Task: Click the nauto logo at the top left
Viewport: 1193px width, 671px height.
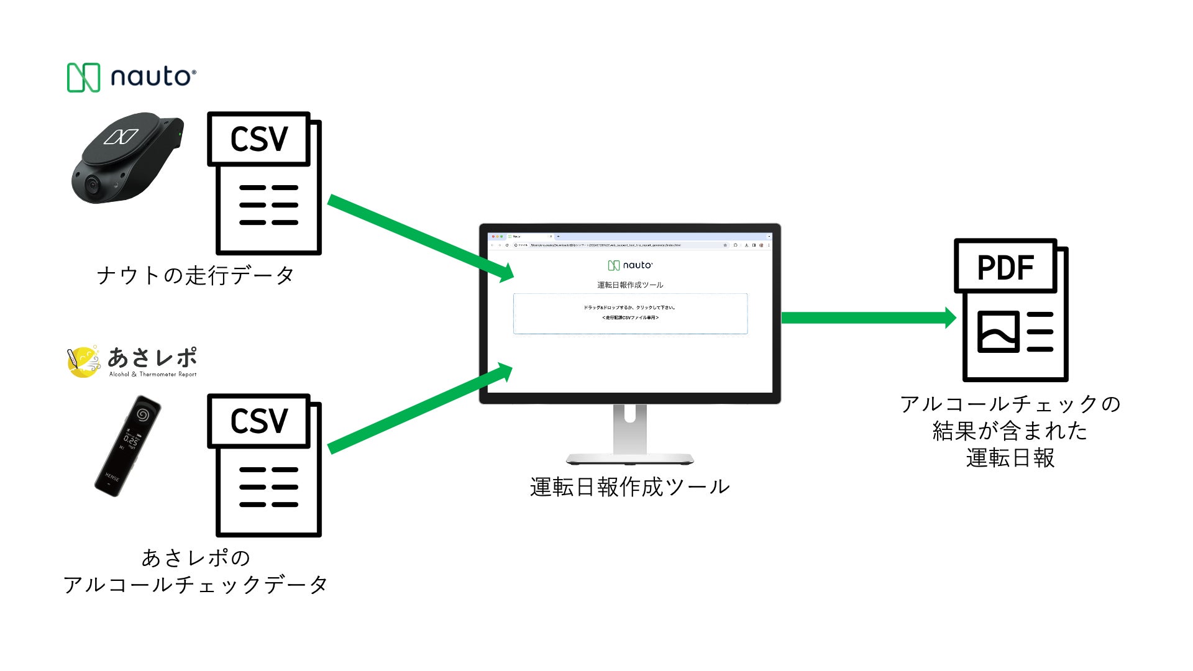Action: (x=132, y=78)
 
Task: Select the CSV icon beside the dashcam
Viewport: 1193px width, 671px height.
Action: (x=264, y=183)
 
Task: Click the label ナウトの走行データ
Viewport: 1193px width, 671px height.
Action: (x=195, y=275)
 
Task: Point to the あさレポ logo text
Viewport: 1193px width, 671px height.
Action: (x=152, y=358)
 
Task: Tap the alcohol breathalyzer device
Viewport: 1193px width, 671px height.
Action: (x=127, y=445)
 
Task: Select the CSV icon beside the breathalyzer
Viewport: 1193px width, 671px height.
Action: (x=264, y=465)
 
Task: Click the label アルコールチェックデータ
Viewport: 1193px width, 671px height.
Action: (x=195, y=585)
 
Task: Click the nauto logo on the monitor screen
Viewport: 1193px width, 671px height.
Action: (x=630, y=265)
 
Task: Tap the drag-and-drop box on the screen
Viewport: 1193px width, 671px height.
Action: (x=630, y=314)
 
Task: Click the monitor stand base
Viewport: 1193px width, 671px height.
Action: (x=630, y=459)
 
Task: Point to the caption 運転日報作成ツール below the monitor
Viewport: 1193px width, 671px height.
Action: (x=630, y=487)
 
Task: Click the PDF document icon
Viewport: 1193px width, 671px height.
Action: (x=1011, y=310)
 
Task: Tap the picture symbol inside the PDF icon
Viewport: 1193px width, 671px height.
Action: (x=998, y=332)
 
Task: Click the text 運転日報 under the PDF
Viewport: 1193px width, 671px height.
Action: (x=1010, y=458)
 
